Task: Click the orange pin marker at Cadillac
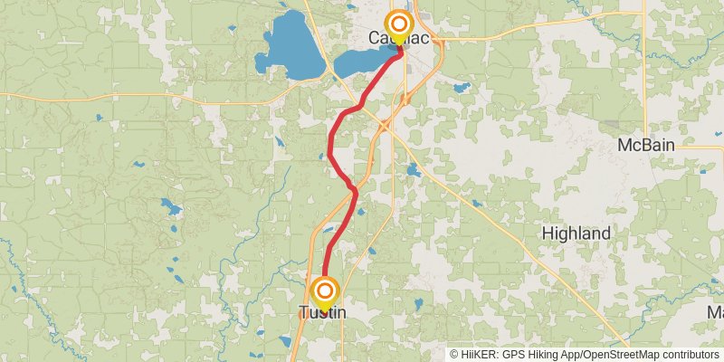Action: [x=398, y=24]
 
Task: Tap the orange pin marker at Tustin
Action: [x=325, y=291]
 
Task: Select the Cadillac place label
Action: [x=398, y=39]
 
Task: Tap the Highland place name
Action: [x=576, y=233]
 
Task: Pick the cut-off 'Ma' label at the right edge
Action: [x=715, y=312]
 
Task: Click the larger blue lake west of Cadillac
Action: [x=291, y=45]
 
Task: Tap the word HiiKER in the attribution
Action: [x=481, y=355]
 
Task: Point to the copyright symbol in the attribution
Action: [x=454, y=355]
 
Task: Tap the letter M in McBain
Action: [x=624, y=146]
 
